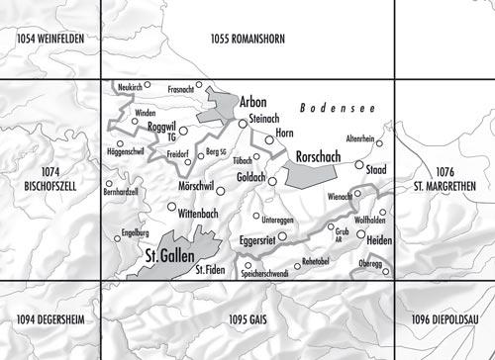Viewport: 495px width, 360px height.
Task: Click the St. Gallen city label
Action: coord(163,259)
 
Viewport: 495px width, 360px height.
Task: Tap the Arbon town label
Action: coord(252,103)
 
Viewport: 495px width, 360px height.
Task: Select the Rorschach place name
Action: coord(317,156)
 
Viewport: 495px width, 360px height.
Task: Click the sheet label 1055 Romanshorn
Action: coord(247,39)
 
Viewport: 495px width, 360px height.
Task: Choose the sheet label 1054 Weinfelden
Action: coord(50,39)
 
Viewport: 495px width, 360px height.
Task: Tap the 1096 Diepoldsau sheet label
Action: coord(445,319)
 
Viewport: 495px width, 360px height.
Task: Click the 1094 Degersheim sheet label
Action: coord(50,319)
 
